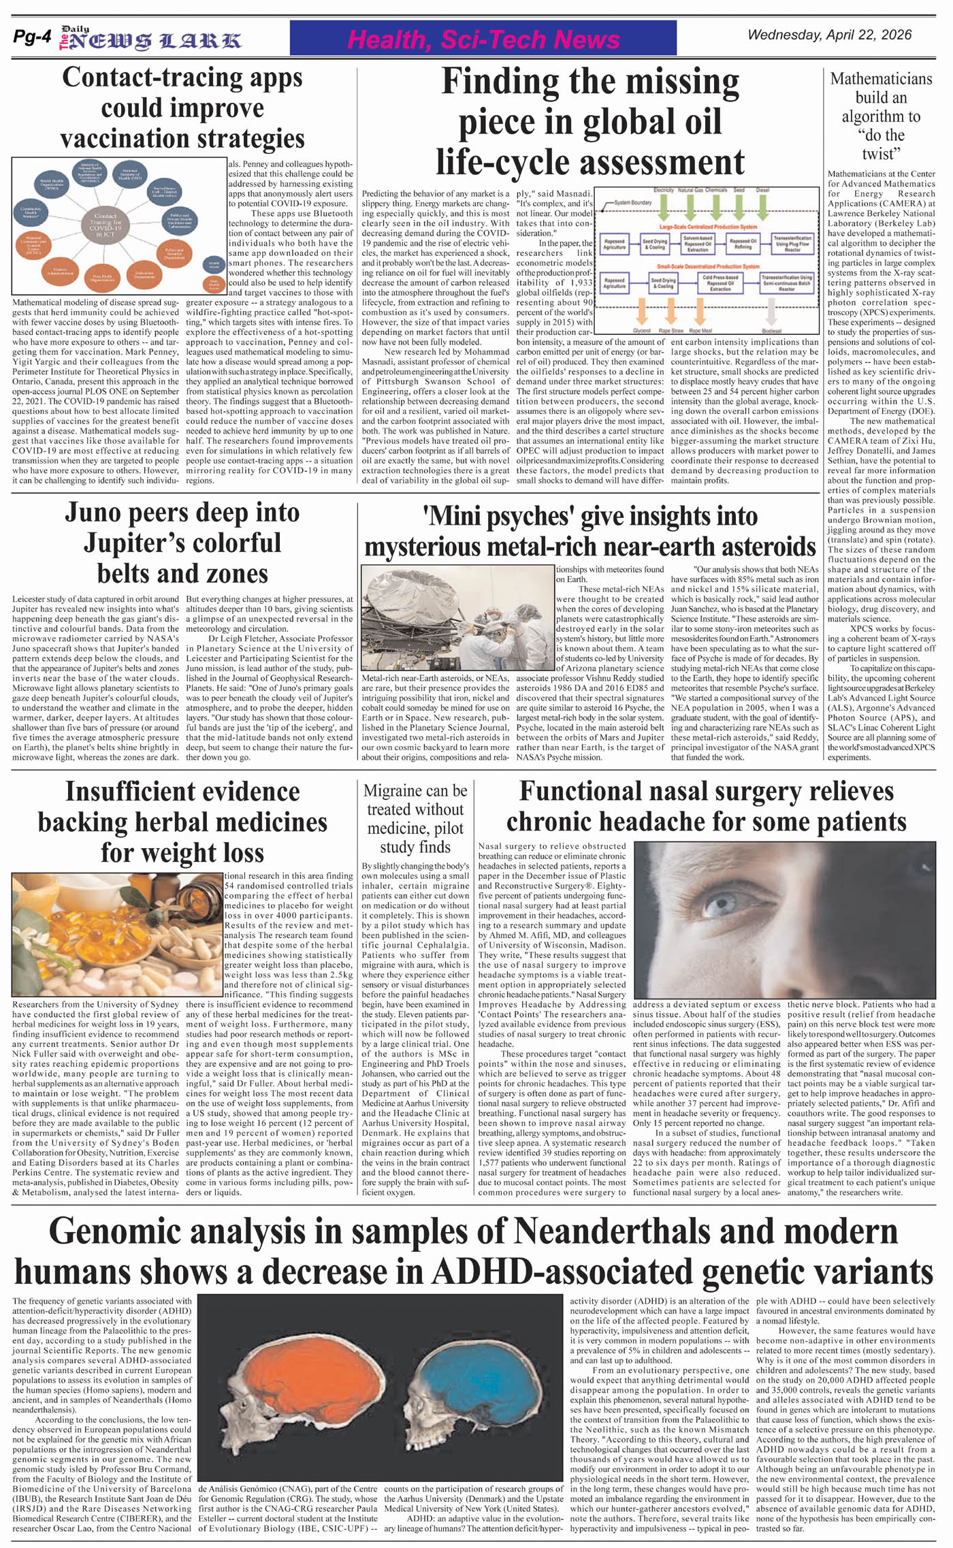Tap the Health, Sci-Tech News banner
coord(483,39)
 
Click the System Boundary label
coord(633,203)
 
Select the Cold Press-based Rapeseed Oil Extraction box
coord(721,283)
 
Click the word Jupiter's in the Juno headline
coord(182,543)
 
